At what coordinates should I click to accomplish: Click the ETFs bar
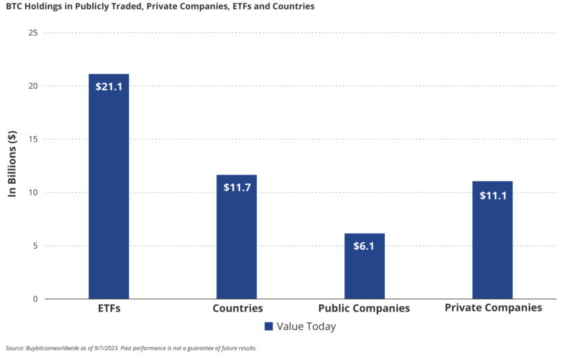(x=109, y=192)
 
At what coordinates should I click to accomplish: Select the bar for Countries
(x=237, y=239)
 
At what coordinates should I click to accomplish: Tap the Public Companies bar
(x=364, y=269)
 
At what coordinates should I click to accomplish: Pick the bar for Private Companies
(x=492, y=242)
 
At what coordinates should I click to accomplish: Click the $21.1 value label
(x=109, y=86)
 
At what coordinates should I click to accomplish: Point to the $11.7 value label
(x=237, y=187)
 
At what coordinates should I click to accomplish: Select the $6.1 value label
(x=364, y=246)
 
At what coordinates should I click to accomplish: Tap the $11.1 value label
(x=492, y=195)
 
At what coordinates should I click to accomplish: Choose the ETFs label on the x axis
(x=109, y=308)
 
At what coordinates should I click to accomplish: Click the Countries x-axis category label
(x=238, y=308)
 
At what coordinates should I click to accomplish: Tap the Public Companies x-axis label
(x=364, y=308)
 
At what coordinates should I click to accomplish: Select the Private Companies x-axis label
(x=493, y=308)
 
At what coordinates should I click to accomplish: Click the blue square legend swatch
(x=269, y=326)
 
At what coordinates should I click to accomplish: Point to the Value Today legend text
(x=307, y=326)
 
